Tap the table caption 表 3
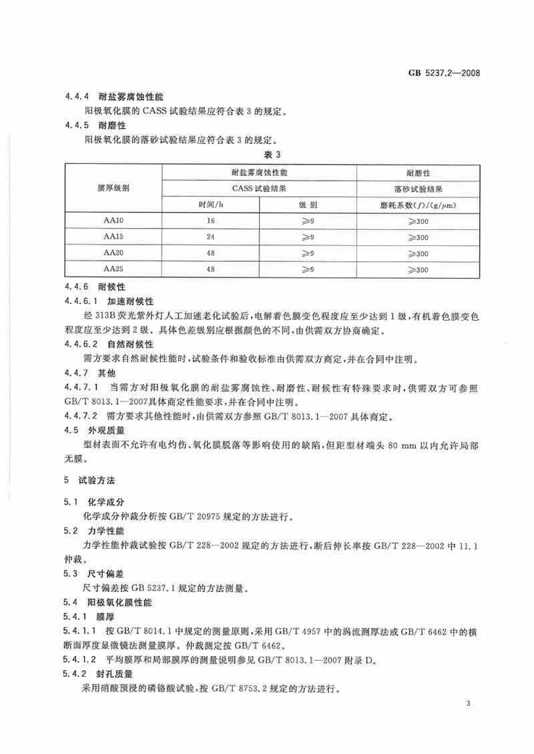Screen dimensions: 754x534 pyautogui.click(x=267, y=155)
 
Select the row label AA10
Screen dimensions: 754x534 pyautogui.click(x=112, y=220)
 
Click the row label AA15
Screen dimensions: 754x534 pyautogui.click(x=112, y=237)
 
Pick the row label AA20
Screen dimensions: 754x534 pyautogui.click(x=112, y=253)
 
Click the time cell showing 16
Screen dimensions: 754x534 pyautogui.click(x=211, y=220)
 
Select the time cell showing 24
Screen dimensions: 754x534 pyautogui.click(x=211, y=237)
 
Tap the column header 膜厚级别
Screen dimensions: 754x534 pyautogui.click(x=112, y=188)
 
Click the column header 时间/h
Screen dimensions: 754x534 pyautogui.click(x=211, y=204)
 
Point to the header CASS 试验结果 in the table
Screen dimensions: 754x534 pyautogui.click(x=260, y=188)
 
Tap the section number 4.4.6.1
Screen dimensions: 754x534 pyautogui.click(x=80, y=301)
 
